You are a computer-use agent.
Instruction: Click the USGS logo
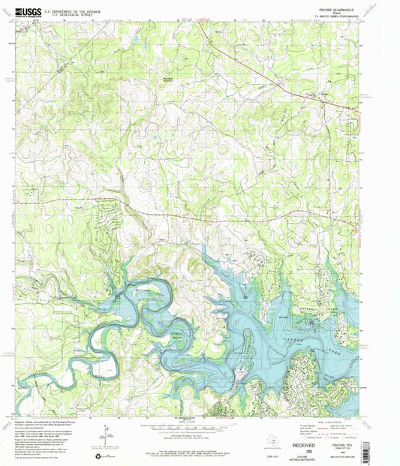26,11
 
